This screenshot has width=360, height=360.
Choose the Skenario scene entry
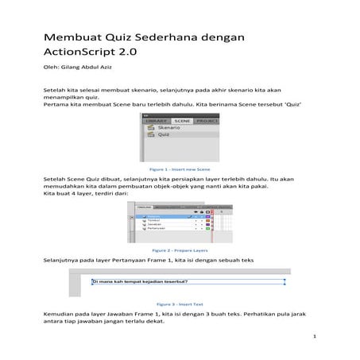click(168, 128)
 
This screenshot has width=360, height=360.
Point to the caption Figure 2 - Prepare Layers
click(180, 250)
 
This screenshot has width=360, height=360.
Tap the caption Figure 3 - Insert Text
click(180, 303)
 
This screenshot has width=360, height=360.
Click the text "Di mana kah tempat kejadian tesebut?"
click(136, 281)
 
